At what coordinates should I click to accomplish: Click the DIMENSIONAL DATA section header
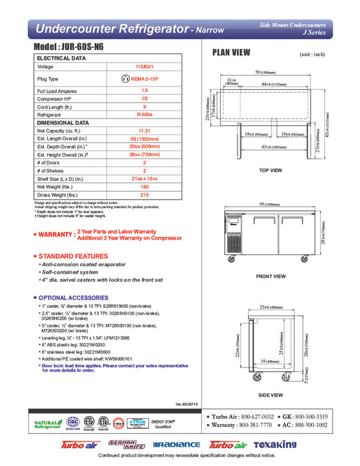(63, 123)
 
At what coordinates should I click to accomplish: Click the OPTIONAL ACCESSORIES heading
(75, 297)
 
